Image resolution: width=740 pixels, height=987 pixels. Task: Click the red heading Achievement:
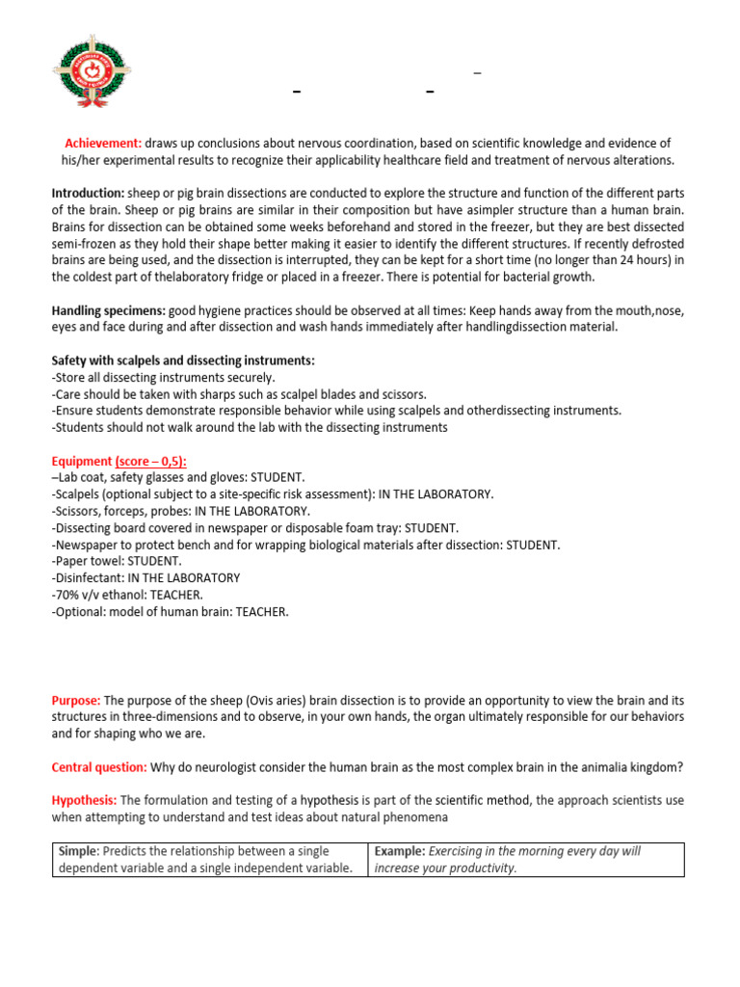(x=103, y=143)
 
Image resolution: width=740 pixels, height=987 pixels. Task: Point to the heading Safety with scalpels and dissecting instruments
(x=183, y=360)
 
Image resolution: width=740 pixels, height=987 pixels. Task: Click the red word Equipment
(x=81, y=462)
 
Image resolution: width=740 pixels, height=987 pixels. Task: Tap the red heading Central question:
(x=99, y=767)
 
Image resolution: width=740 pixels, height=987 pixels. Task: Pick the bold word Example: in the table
(x=399, y=851)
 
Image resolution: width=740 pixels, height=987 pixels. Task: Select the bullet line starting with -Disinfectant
(x=145, y=578)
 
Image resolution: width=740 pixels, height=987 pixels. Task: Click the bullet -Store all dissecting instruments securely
(x=163, y=377)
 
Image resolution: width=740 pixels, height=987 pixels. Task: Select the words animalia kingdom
(x=629, y=767)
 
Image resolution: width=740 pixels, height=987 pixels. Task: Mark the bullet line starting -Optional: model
(x=170, y=612)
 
